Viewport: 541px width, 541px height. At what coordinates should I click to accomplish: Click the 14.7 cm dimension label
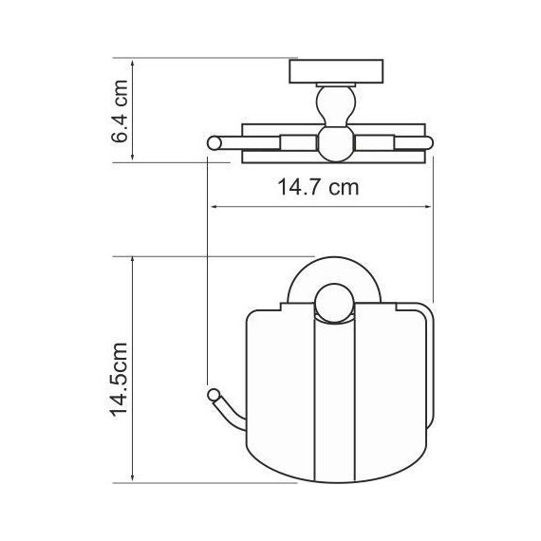(318, 188)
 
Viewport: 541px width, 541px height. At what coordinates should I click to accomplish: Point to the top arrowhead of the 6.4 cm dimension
(132, 63)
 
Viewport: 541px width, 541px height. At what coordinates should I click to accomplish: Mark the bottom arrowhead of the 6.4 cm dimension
(132, 157)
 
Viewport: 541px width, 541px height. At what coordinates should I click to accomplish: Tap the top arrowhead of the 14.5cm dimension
(132, 259)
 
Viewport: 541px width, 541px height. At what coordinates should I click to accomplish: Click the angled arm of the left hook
(226, 410)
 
